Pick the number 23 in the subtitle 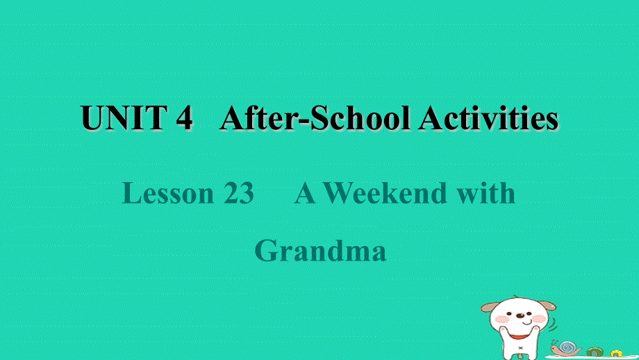click(x=239, y=194)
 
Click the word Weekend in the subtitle click(x=385, y=194)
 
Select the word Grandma click(x=320, y=250)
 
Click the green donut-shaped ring click(x=595, y=352)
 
